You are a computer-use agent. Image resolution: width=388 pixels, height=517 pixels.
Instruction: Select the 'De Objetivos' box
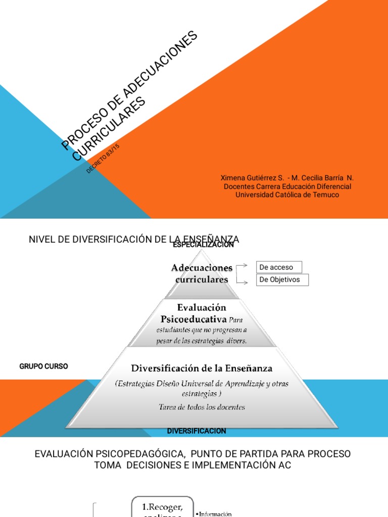[x=282, y=280]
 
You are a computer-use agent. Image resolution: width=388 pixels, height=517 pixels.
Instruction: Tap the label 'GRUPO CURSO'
[x=43, y=367]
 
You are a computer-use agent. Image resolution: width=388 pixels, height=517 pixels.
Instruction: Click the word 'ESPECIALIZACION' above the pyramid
[x=203, y=245]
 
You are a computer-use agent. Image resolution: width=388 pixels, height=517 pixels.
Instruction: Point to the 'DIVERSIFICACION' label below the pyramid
[x=197, y=431]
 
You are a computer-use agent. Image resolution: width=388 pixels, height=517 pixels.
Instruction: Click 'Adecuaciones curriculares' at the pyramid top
[x=202, y=273]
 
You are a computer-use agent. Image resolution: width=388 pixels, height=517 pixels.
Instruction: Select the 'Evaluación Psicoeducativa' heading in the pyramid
[x=194, y=313]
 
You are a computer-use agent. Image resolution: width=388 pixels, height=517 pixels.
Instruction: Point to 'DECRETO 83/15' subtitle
[x=103, y=159]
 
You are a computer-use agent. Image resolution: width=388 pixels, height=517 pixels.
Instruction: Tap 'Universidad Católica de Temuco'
[x=287, y=195]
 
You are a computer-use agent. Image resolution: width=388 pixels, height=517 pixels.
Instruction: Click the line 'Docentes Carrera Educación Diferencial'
[x=287, y=186]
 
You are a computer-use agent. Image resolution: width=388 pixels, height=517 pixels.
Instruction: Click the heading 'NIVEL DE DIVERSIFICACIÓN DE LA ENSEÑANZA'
[x=134, y=239]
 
